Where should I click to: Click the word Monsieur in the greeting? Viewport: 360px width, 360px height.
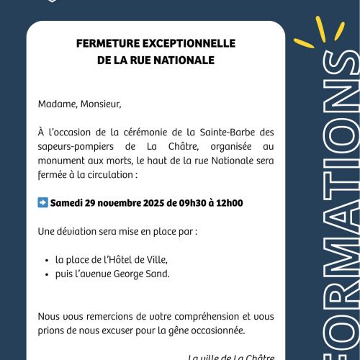click(100, 104)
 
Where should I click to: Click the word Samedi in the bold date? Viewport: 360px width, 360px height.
click(66, 203)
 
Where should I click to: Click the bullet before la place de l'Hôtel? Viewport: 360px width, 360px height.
click(47, 260)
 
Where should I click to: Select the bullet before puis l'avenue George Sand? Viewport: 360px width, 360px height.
click(47, 273)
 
